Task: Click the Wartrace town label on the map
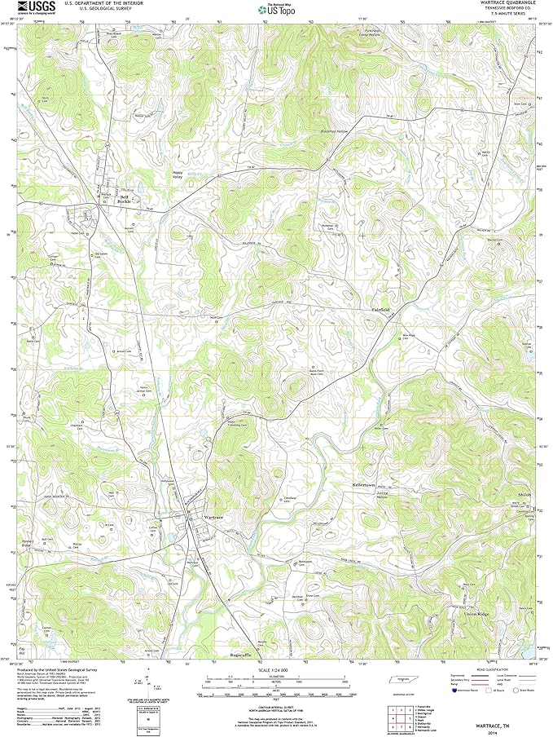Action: (x=213, y=518)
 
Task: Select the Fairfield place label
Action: (x=381, y=311)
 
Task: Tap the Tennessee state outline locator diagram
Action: (x=402, y=678)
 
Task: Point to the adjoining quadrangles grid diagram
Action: (x=402, y=711)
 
